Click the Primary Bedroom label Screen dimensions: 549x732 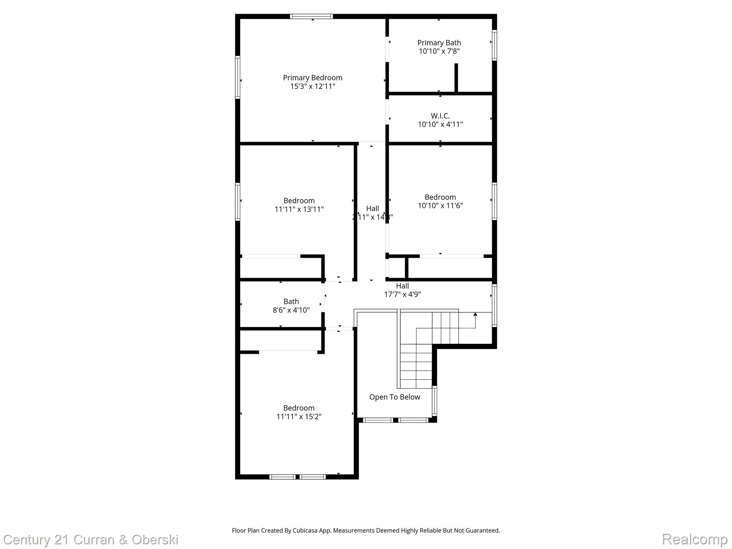click(312, 78)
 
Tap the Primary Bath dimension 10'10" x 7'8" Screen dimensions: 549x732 click(439, 51)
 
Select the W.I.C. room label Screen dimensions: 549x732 click(440, 116)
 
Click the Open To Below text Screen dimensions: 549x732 click(395, 397)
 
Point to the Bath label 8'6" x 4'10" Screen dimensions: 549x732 click(291, 306)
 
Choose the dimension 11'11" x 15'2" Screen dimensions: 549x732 click(299, 416)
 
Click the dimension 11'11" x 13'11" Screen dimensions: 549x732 click(299, 209)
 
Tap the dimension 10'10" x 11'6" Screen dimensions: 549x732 click(440, 206)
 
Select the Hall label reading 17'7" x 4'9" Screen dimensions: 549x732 click(402, 290)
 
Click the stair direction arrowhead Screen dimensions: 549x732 click(475, 314)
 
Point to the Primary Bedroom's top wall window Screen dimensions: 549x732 click(311, 16)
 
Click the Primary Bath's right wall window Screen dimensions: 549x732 click(494, 45)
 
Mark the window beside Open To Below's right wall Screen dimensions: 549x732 click(435, 401)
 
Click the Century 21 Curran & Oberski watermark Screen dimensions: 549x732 click(91, 540)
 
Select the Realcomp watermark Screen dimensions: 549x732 click(694, 539)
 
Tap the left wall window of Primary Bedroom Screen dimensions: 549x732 click(237, 77)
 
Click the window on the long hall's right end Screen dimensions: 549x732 click(494, 305)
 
